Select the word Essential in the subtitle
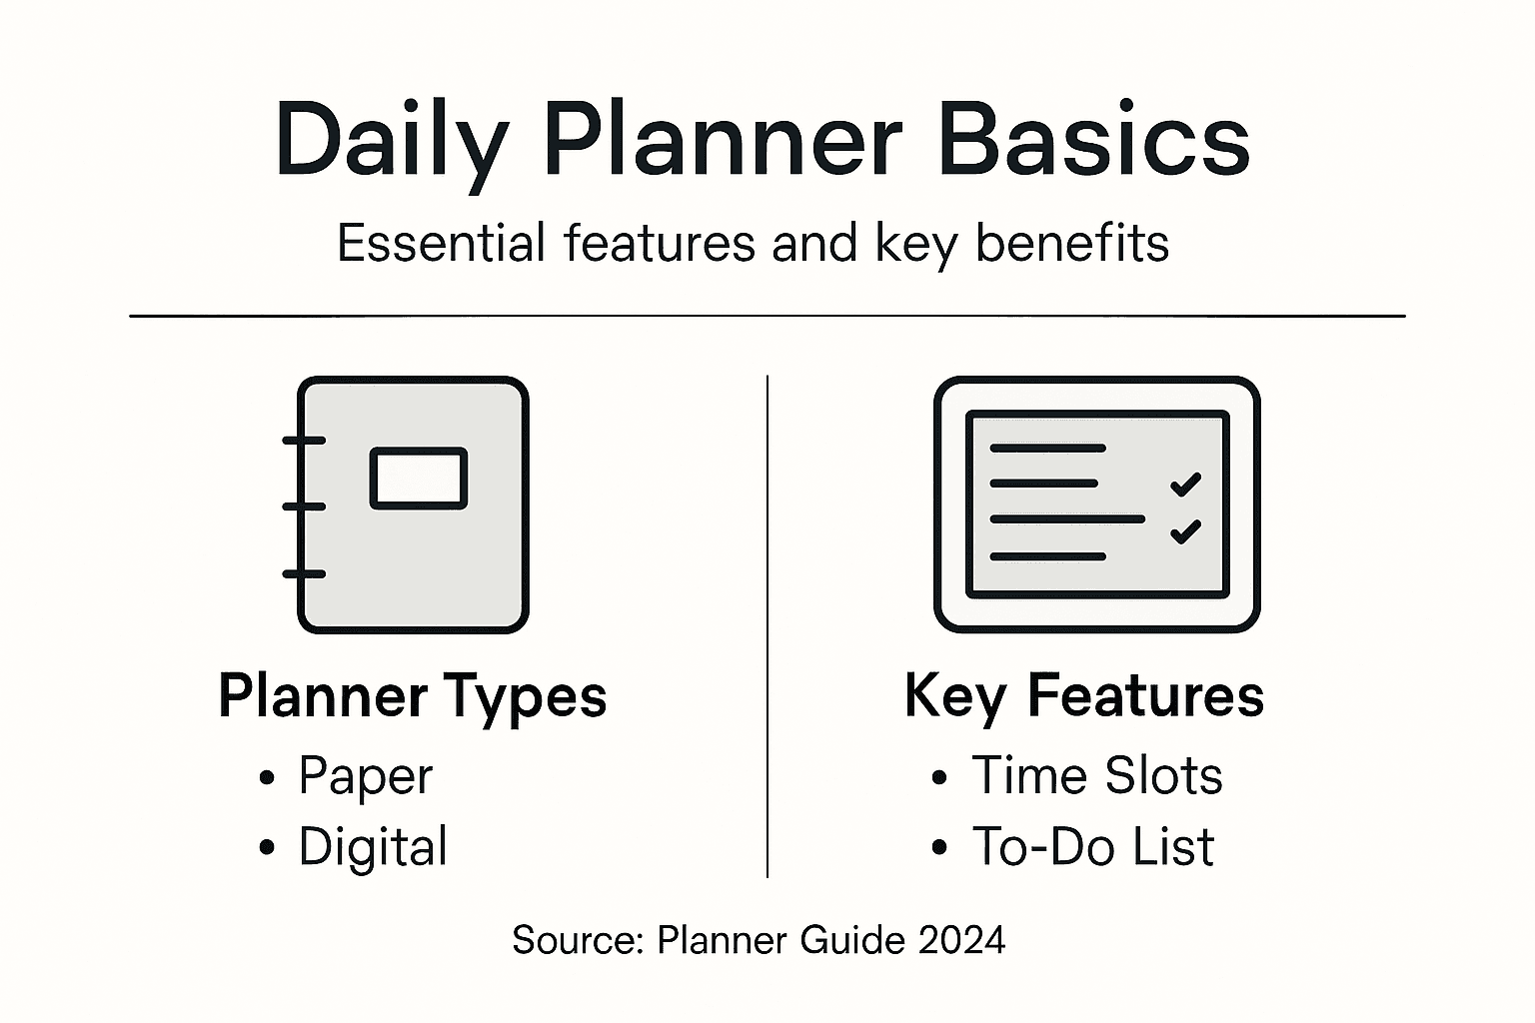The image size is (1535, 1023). click(441, 243)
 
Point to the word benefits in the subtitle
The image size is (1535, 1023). click(1072, 243)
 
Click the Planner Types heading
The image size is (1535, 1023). click(412, 696)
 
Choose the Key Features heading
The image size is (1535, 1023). click(1084, 695)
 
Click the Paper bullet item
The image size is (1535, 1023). click(365, 776)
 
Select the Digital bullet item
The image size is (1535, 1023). click(372, 847)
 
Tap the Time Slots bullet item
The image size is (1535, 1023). click(1096, 776)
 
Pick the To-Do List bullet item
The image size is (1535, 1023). click(1092, 847)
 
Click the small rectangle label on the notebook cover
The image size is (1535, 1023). click(419, 479)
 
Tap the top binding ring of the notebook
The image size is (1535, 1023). click(304, 440)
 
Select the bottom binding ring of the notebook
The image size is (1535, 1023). click(304, 573)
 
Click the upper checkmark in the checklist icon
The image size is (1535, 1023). click(1185, 484)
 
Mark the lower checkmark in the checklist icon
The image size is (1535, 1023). click(1185, 530)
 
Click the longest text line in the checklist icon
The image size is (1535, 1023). click(1066, 519)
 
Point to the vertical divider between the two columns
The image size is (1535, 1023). click(767, 627)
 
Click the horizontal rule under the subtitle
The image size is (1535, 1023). click(767, 316)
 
